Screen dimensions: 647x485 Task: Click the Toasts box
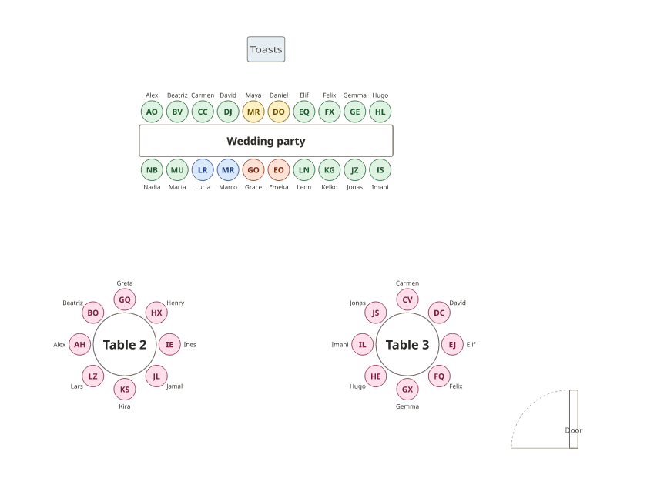coord(266,49)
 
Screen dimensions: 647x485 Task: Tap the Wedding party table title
coord(266,141)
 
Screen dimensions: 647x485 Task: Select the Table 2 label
coord(125,344)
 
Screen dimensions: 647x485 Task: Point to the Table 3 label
coord(407,344)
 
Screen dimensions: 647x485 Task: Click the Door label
coord(574,430)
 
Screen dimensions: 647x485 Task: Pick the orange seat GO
coord(253,170)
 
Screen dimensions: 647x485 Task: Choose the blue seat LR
coord(203,170)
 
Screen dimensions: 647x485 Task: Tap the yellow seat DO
coord(279,112)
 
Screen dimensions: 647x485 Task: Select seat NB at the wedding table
coord(152,170)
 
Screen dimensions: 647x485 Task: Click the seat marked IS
coord(380,170)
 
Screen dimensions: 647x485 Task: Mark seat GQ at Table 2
coord(125,299)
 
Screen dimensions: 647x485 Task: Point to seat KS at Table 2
coord(125,390)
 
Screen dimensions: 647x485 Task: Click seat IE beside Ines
coord(169,344)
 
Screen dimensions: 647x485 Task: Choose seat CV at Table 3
coord(407,299)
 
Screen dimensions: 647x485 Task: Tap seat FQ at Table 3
coord(439,376)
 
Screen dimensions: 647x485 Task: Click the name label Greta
coord(125,283)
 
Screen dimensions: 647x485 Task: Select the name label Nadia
coord(152,187)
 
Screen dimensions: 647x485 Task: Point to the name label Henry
coord(176,303)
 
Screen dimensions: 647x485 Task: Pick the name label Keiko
coord(330,187)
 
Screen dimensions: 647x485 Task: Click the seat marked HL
coord(380,112)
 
